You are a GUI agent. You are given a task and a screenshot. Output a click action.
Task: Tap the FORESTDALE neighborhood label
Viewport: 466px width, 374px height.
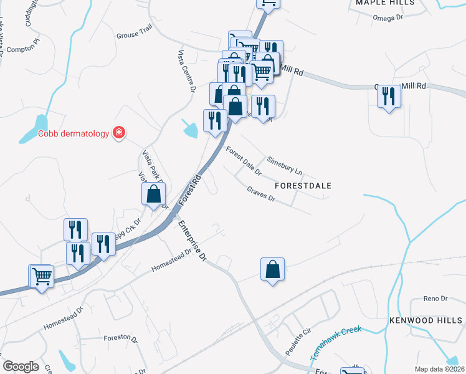click(x=303, y=186)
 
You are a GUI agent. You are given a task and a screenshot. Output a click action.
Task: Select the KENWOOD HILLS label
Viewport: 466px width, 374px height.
click(x=427, y=320)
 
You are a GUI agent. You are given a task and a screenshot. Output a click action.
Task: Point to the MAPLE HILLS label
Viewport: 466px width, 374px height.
click(x=385, y=3)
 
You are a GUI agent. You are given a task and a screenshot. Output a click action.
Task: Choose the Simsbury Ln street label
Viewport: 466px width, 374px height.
click(x=284, y=165)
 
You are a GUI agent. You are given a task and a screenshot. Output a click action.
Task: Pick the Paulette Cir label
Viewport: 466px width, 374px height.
click(x=298, y=344)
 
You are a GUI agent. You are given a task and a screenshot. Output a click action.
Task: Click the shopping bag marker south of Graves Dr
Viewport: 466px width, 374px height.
click(x=272, y=270)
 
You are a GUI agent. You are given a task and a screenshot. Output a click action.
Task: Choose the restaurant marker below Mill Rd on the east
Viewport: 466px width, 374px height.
click(x=389, y=97)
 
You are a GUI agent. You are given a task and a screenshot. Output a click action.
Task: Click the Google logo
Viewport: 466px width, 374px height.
click(x=21, y=367)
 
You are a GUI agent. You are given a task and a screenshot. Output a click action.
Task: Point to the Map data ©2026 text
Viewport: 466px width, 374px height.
click(x=440, y=369)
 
